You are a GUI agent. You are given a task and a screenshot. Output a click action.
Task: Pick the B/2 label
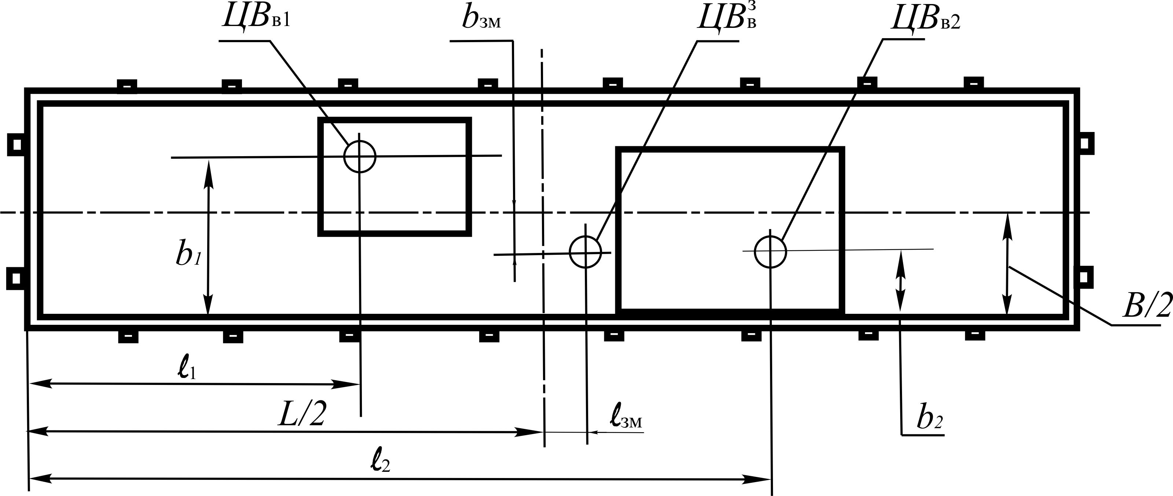pyautogui.click(x=1146, y=307)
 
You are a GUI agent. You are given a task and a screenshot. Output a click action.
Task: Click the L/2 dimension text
pyautogui.click(x=302, y=413)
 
